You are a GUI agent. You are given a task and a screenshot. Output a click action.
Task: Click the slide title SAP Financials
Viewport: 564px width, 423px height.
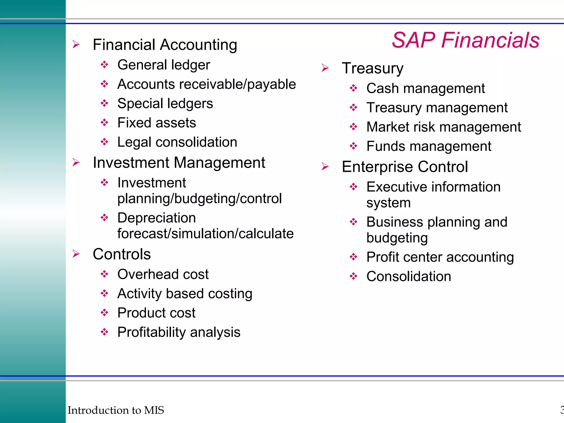point(465,40)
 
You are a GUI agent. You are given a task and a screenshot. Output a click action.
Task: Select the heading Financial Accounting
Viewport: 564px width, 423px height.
point(165,45)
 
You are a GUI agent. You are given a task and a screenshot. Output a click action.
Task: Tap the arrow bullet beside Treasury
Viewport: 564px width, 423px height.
point(325,68)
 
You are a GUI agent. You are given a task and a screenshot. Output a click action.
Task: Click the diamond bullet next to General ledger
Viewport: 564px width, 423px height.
point(104,65)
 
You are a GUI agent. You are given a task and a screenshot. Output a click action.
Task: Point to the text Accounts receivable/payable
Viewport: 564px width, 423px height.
point(207,84)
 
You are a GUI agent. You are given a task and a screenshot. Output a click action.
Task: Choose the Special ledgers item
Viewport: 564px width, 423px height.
point(165,104)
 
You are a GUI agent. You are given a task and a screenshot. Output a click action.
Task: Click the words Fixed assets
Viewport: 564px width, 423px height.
point(156,123)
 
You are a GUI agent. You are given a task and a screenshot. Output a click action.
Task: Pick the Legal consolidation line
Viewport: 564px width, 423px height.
point(177,142)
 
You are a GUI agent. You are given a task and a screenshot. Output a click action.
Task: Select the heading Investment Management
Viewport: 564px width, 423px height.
point(179,162)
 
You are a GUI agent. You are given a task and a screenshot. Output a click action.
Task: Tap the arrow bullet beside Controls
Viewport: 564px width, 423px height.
point(76,254)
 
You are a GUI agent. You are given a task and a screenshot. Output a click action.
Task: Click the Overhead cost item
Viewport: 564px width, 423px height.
point(163,274)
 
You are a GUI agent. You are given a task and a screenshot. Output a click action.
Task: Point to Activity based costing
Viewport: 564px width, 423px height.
point(185,294)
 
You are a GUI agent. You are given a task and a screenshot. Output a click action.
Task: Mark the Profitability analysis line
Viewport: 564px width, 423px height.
point(179,332)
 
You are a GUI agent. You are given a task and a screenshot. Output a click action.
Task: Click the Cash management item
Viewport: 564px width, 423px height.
point(425,88)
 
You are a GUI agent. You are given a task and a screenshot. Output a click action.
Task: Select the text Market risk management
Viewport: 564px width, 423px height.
point(443,127)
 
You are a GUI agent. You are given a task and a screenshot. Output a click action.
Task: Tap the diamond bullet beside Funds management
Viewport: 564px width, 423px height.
point(353,146)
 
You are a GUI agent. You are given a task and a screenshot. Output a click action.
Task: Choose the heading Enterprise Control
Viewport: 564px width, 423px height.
point(405,167)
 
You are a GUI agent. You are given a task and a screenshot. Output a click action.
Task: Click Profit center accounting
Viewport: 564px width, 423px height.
point(440,257)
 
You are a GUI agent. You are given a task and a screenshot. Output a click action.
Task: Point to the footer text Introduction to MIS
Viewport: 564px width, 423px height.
point(116,410)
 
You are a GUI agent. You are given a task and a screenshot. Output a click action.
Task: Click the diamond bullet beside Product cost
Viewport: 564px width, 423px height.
point(104,313)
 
